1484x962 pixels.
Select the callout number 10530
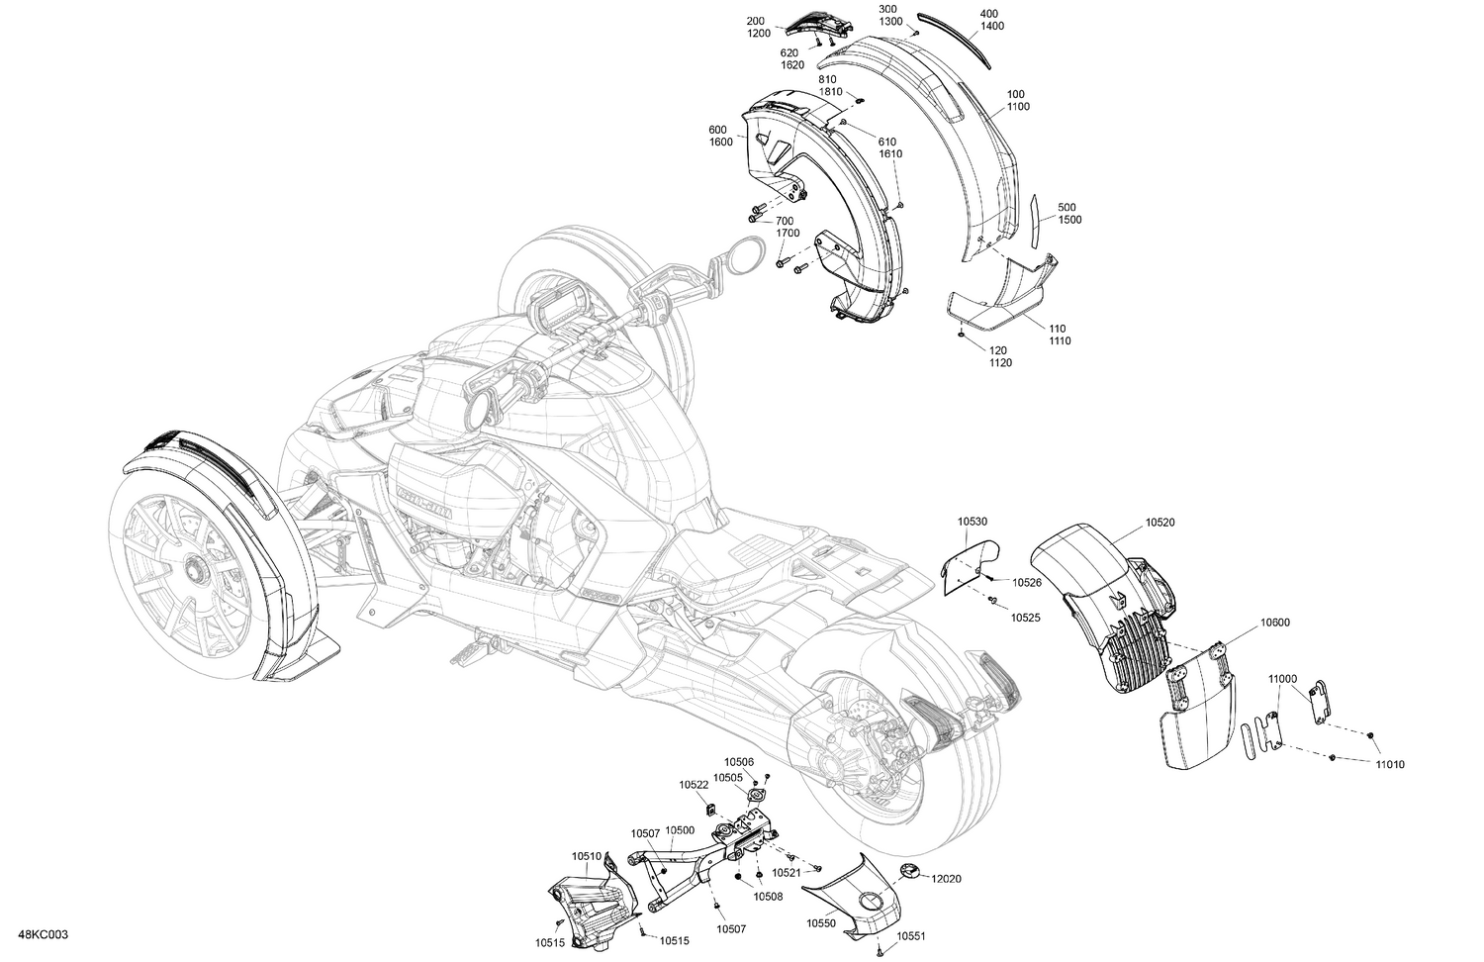[972, 521]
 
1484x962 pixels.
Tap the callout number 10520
[1161, 521]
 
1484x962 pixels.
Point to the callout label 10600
[1274, 623]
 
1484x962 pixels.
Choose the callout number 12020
[947, 878]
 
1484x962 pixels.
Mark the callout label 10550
[821, 922]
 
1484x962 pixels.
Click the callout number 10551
[912, 935]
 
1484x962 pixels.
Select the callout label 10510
[587, 856]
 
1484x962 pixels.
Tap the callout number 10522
[694, 784]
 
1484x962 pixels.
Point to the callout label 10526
[1026, 582]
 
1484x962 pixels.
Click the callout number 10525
[1025, 617]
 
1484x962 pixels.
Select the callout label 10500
[679, 830]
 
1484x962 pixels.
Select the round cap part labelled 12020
[909, 870]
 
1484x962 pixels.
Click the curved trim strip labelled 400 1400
[954, 35]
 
